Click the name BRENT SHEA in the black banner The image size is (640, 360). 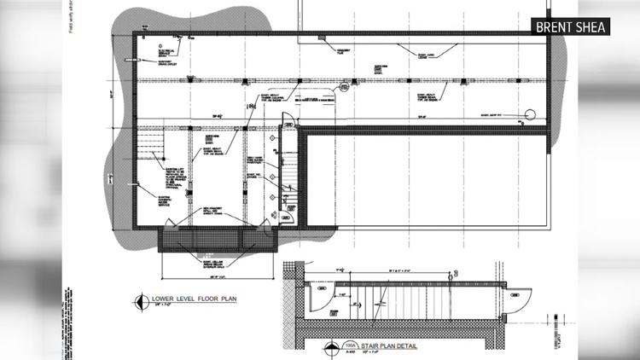[572, 27]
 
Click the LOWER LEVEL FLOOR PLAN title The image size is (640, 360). [193, 299]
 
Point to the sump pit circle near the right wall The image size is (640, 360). [529, 113]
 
